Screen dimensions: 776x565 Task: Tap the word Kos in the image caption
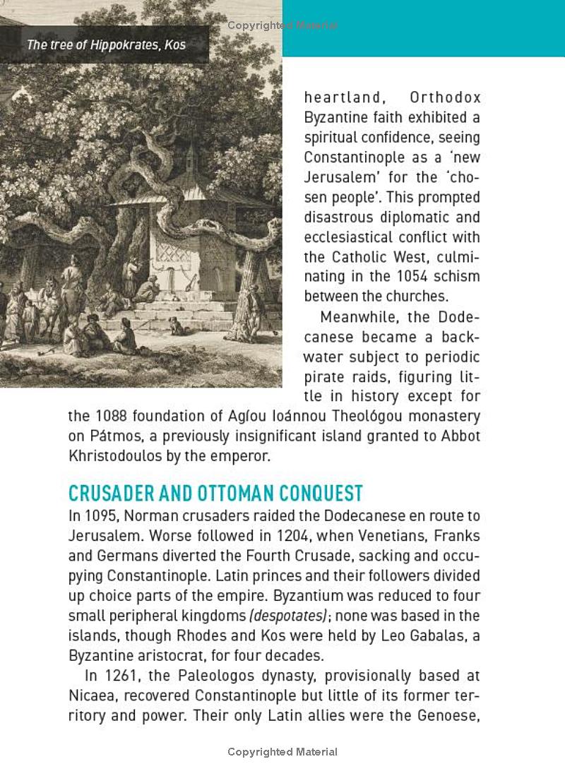click(x=174, y=45)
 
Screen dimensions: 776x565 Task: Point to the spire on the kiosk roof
click(x=191, y=152)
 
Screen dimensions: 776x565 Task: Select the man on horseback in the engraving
click(x=71, y=282)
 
